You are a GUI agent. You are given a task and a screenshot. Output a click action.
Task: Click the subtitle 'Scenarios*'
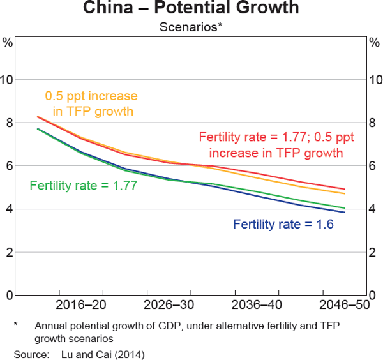[191, 28]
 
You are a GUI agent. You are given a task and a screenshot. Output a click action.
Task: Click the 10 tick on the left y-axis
[8, 80]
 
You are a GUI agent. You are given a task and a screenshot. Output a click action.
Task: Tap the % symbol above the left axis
[8, 43]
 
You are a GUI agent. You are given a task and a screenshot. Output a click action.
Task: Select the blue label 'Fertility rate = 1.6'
[283, 224]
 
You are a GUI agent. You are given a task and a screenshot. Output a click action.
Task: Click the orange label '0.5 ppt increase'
[91, 96]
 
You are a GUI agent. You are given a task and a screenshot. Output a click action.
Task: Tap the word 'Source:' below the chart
[29, 352]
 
